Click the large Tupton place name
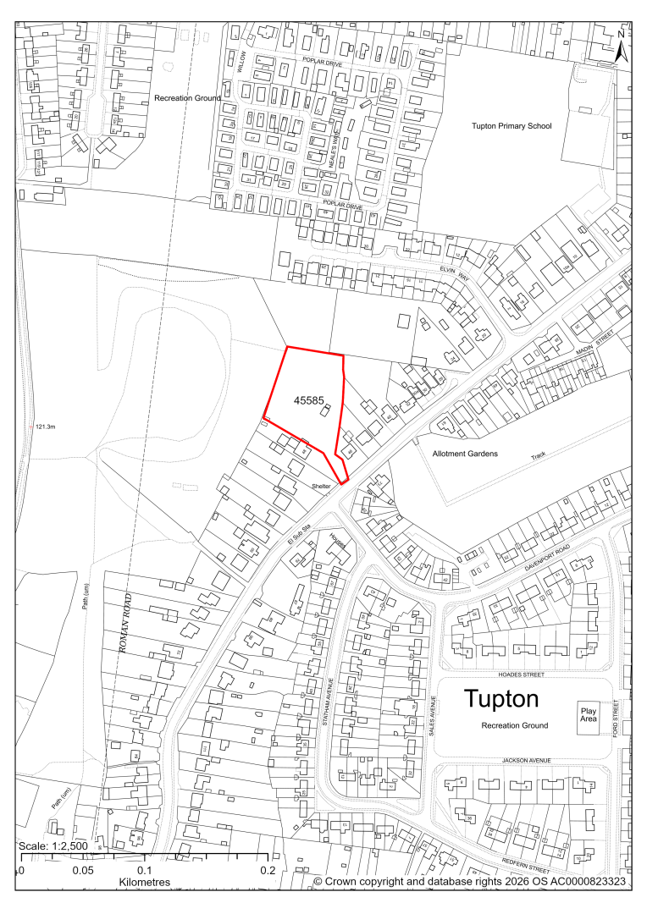coord(501,700)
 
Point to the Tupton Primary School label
coord(512,126)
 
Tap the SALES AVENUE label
coord(432,716)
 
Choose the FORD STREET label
coord(617,716)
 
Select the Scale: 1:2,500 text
coord(54,847)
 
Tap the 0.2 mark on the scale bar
coord(268,870)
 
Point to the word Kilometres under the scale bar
coord(145,882)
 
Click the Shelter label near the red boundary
coord(320,487)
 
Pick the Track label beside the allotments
coord(539,455)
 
